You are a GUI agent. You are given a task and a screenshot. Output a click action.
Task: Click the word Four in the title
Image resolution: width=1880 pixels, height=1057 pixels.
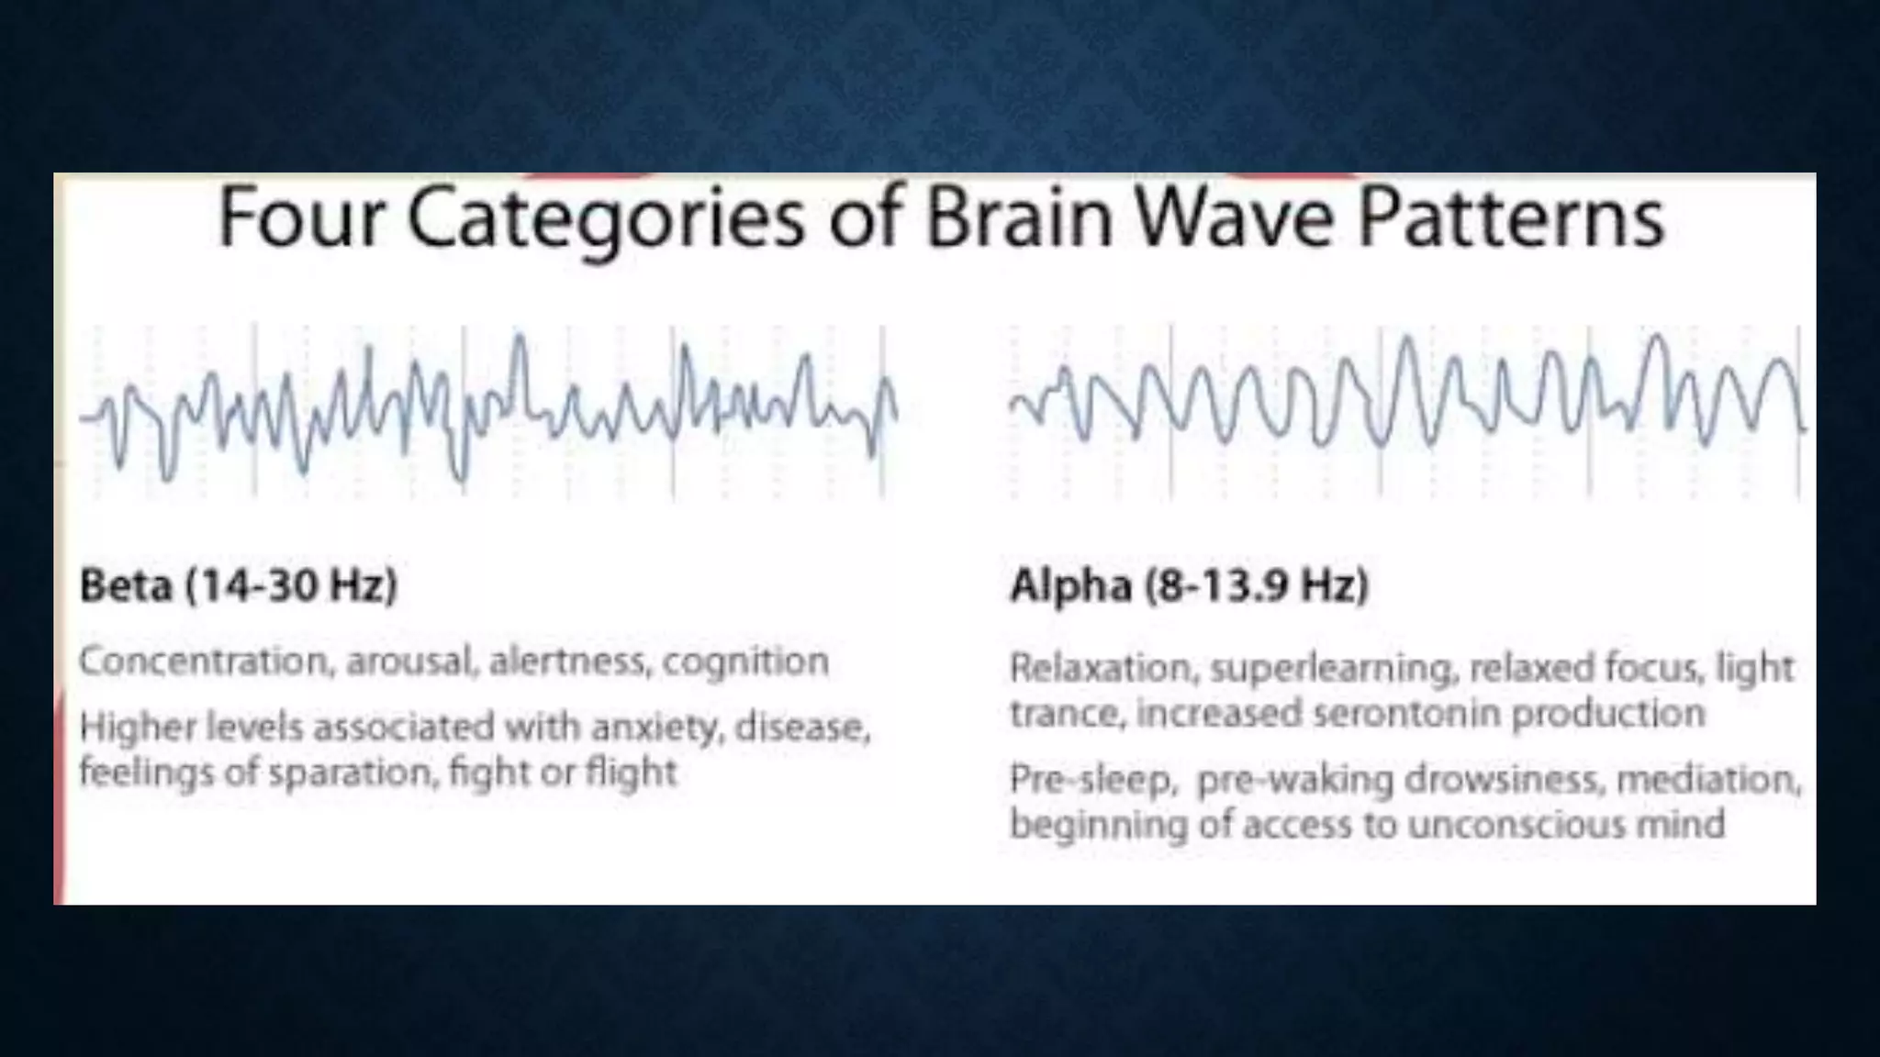pos(298,218)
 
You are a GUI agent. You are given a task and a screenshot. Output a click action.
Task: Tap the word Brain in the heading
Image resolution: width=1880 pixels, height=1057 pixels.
pos(1019,218)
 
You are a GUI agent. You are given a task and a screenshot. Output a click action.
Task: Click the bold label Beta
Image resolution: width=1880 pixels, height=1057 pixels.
pos(126,585)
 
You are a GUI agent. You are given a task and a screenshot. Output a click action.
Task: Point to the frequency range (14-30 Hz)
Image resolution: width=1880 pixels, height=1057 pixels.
pos(292,585)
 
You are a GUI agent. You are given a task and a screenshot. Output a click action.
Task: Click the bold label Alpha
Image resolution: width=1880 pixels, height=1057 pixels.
pos(1070,585)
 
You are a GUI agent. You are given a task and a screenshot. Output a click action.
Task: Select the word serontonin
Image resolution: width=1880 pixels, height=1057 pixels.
pos(1407,713)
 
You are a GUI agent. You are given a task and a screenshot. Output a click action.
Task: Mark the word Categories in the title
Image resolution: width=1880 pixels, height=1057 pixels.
pos(606,218)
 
